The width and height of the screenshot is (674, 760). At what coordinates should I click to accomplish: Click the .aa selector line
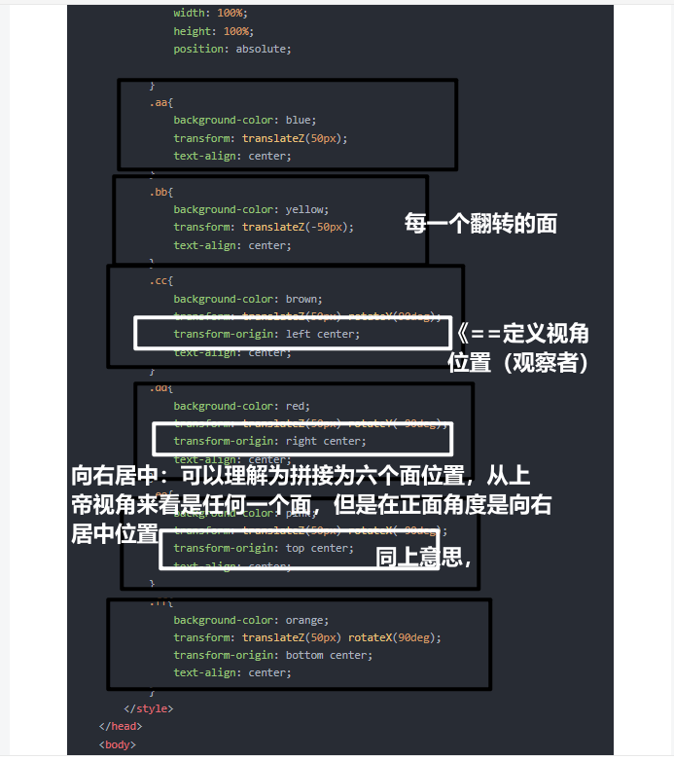pos(160,102)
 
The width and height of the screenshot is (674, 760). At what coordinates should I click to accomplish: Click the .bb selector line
pos(160,192)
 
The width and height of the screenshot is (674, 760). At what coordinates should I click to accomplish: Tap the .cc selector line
pos(160,281)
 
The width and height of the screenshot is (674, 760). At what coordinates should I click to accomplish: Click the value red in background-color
pos(296,406)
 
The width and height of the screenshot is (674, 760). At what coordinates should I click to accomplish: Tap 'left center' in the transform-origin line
pos(322,334)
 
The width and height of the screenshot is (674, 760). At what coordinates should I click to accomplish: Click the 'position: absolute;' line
pos(231,48)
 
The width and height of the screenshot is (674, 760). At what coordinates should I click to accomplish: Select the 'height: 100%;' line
pos(211,30)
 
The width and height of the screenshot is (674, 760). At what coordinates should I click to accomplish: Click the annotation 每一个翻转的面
pos(480,224)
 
